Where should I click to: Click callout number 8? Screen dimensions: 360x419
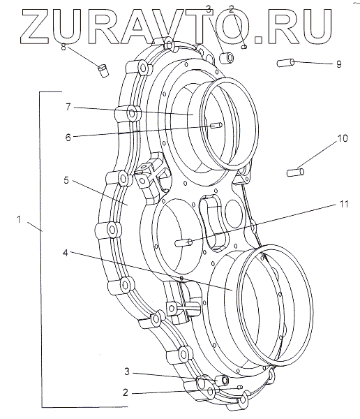[63, 47]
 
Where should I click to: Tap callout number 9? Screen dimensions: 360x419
[338, 64]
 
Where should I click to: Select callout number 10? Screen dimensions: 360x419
[343, 138]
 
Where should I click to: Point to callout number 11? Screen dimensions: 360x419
[344, 204]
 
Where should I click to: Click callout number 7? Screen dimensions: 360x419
[68, 107]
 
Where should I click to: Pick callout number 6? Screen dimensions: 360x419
[68, 138]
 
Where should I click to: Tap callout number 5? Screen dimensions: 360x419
[66, 180]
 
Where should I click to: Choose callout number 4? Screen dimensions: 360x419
[66, 253]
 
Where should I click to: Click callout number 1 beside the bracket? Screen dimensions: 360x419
[19, 220]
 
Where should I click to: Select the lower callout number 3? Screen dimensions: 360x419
[127, 372]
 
